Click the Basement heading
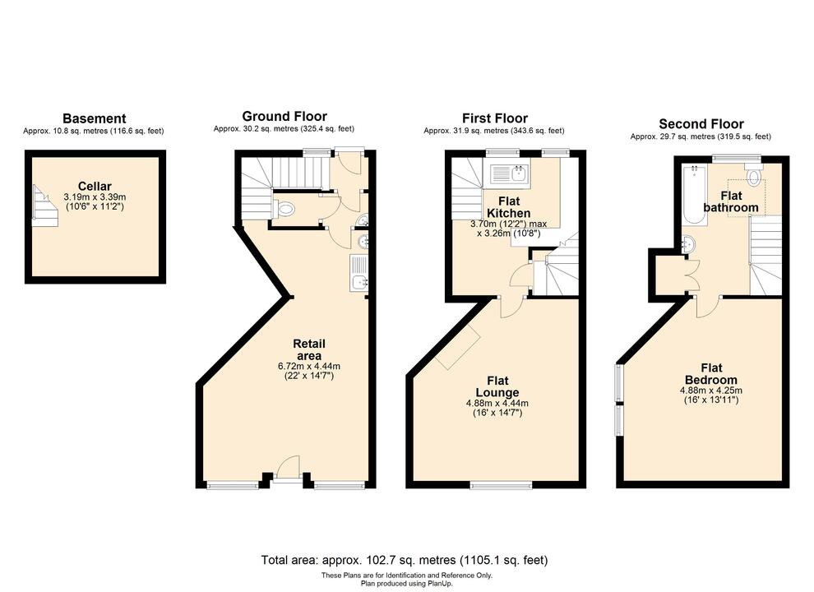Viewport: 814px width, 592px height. click(95, 118)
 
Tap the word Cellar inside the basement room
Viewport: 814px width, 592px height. click(95, 186)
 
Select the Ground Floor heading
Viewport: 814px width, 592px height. click(284, 117)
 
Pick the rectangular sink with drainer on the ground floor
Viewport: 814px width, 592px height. click(358, 274)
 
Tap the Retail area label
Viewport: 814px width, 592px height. click(309, 349)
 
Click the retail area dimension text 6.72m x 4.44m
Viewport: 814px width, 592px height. click(309, 366)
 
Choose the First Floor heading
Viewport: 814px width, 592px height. click(494, 118)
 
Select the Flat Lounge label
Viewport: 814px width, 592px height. click(496, 386)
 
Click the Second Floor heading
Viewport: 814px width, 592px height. click(701, 124)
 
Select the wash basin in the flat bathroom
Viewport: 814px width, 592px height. click(688, 244)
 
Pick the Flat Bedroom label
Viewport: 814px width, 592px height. click(710, 374)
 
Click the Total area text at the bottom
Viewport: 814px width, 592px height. click(405, 560)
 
